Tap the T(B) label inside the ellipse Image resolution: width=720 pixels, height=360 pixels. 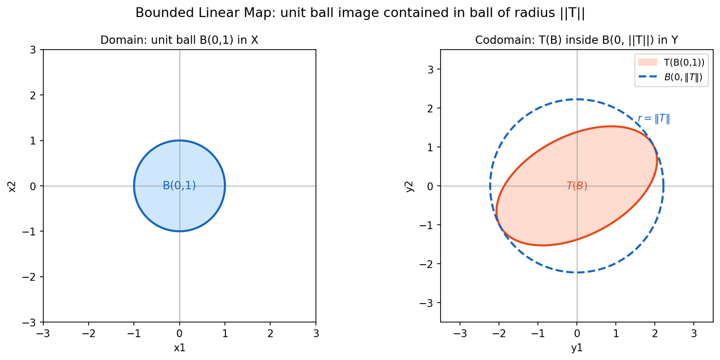click(x=577, y=186)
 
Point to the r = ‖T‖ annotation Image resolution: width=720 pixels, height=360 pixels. click(x=654, y=119)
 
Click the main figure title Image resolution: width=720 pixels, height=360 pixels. click(x=360, y=13)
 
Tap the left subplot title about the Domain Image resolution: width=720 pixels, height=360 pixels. click(x=179, y=40)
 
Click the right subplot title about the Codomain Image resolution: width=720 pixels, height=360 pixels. click(x=577, y=40)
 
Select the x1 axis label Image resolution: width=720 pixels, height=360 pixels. click(x=179, y=348)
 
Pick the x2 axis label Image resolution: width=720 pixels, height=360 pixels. click(x=12, y=186)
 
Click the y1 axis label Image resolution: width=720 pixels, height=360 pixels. click(x=577, y=348)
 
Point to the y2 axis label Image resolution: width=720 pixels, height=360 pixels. click(x=409, y=186)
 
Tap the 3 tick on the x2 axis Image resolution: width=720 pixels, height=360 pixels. click(x=33, y=50)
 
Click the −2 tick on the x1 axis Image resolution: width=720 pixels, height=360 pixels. click(x=89, y=334)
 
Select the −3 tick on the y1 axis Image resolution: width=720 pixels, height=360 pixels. click(x=460, y=334)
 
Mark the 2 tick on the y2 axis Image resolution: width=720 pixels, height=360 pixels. click(x=431, y=108)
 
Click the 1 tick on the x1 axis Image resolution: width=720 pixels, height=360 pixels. click(x=225, y=334)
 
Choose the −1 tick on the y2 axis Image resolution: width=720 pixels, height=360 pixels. click(x=426, y=225)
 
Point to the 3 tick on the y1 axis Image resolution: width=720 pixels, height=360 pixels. click(x=694, y=334)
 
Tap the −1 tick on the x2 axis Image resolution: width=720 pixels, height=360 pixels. click(x=29, y=232)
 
